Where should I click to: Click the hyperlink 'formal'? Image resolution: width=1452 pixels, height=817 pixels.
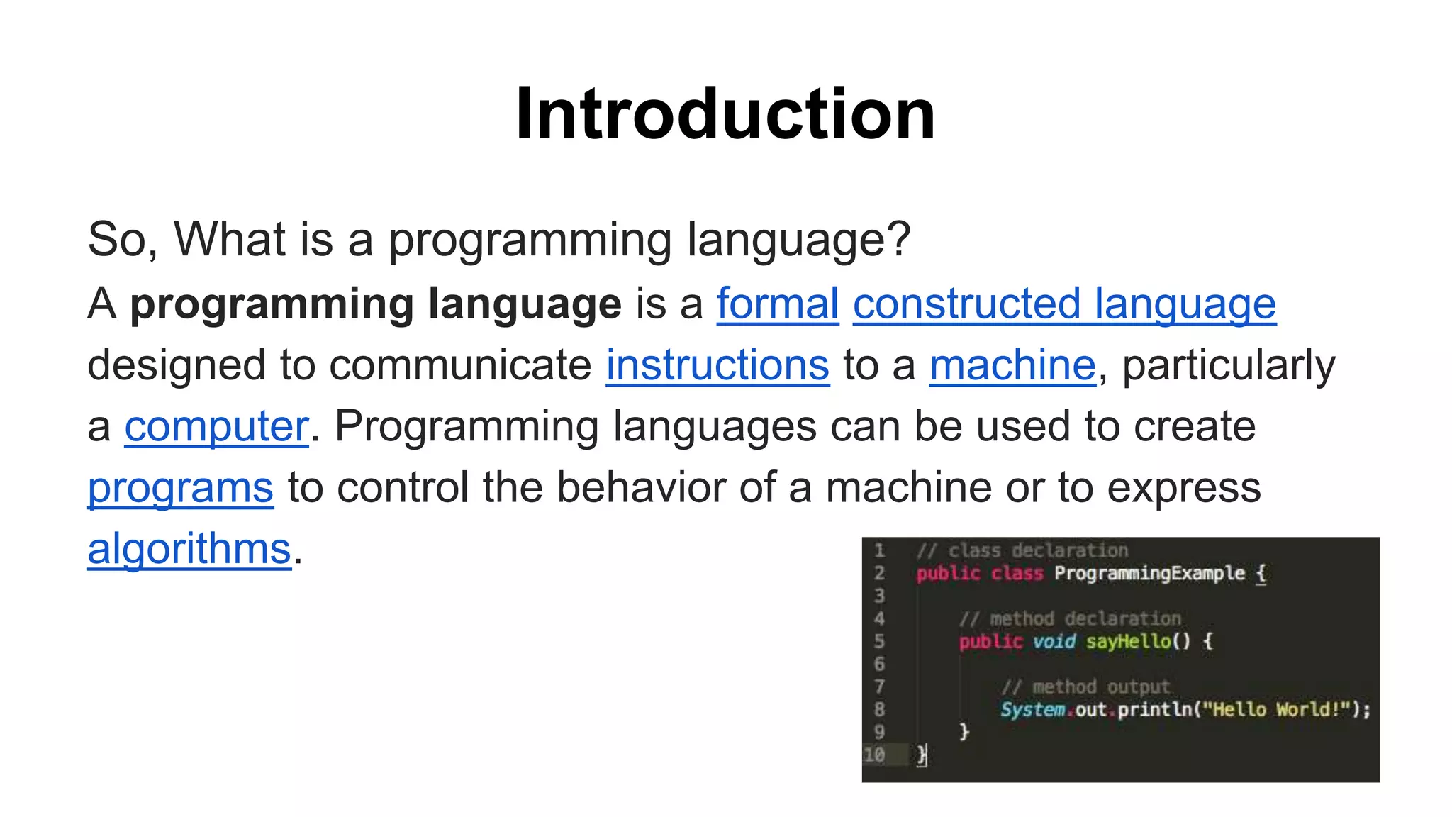[778, 304]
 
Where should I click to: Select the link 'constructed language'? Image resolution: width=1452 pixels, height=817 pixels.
[1064, 304]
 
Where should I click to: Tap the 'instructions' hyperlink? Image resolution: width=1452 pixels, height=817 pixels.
[717, 365]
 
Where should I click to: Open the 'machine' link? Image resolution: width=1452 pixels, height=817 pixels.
[1012, 365]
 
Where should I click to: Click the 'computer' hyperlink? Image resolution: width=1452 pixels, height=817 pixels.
[217, 426]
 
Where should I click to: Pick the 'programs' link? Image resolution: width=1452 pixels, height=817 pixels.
[180, 488]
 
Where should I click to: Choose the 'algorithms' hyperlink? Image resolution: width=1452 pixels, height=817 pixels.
[189, 549]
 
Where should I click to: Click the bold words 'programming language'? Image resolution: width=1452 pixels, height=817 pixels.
[376, 304]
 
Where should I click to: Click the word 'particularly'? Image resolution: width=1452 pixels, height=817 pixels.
[1229, 365]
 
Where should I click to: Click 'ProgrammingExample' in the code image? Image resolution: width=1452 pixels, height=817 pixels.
[1149, 573]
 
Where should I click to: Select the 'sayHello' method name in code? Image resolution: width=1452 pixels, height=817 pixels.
[1128, 641]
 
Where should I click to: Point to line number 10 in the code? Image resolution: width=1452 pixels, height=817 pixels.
[874, 755]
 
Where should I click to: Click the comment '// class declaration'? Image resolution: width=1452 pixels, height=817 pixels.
[1022, 550]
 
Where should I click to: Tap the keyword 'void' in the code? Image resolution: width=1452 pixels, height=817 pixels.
[1054, 641]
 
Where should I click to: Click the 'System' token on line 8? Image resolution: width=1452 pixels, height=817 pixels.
[1032, 709]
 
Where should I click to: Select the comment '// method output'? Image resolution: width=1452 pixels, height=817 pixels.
[1085, 687]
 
